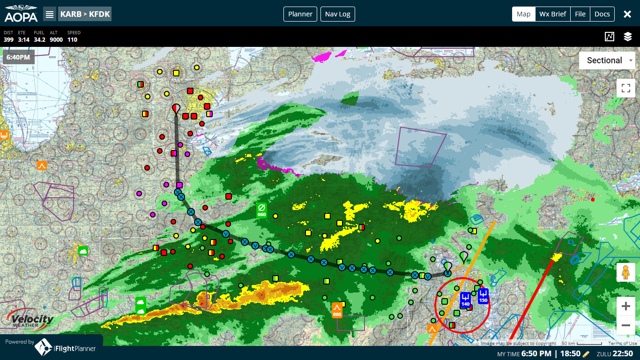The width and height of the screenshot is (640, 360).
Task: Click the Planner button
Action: tap(300, 14)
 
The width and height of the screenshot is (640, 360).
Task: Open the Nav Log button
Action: tap(337, 14)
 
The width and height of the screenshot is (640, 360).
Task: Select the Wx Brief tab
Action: tap(552, 14)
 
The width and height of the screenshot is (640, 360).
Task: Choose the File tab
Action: tap(580, 14)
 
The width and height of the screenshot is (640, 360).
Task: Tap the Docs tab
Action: tap(602, 14)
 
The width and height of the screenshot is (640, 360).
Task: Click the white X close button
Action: tap(627, 14)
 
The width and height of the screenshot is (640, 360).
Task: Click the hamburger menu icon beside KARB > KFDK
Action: tap(50, 14)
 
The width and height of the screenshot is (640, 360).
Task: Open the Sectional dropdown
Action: tap(607, 60)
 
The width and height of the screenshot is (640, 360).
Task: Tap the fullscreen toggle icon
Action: tap(625, 88)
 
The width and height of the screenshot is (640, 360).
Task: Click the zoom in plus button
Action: tap(625, 307)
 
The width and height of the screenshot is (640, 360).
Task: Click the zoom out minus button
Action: tap(625, 325)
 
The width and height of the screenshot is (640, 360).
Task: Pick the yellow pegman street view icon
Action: tap(625, 272)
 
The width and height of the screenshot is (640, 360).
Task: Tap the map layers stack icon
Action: tap(628, 37)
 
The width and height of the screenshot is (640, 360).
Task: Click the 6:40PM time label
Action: tap(19, 58)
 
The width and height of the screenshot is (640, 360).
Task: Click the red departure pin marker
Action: tap(176, 109)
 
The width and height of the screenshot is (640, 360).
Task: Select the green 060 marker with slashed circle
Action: tap(262, 210)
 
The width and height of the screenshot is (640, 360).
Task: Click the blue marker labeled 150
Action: tap(484, 296)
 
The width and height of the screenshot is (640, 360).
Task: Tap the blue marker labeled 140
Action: tap(465, 300)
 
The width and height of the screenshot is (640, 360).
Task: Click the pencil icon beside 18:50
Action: tap(585, 354)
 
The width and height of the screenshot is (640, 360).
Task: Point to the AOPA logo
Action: tap(21, 14)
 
